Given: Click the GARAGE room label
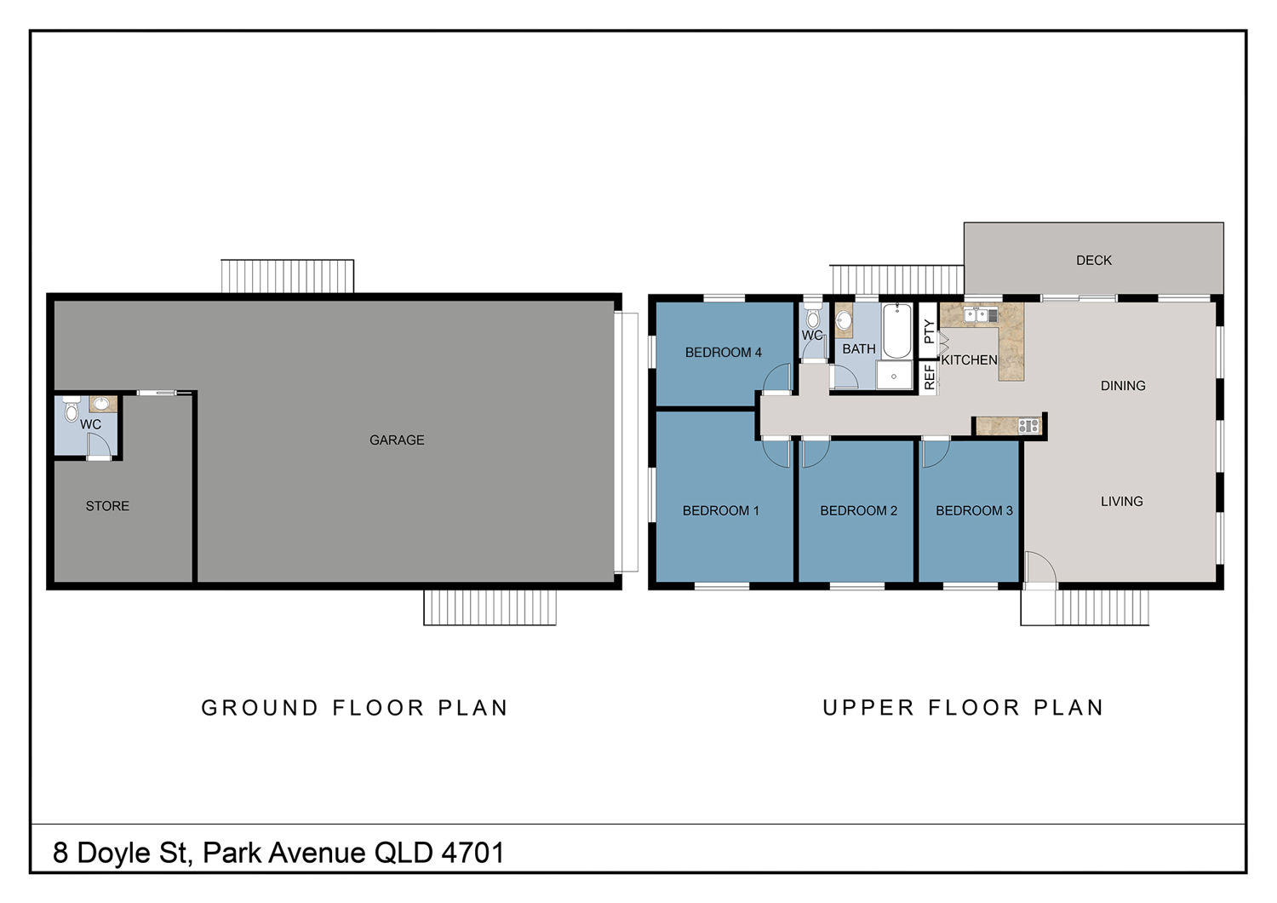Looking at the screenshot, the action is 397,440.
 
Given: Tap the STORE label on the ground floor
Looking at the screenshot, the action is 107,506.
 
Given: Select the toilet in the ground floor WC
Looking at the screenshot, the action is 72,409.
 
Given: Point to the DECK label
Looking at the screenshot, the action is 1093,260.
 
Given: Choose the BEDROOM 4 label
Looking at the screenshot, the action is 723,353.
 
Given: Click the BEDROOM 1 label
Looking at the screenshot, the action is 720,510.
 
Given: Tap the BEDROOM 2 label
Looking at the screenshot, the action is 858,510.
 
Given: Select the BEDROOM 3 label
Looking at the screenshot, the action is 974,510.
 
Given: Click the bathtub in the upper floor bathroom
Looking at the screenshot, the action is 896,331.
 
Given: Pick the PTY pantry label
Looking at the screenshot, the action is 929,331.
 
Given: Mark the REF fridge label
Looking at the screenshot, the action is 930,377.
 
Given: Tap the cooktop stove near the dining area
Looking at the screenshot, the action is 1028,425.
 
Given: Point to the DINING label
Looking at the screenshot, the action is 1123,386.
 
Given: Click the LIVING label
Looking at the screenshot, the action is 1121,502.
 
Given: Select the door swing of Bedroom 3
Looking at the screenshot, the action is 935,452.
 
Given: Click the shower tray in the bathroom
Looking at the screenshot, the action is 893,376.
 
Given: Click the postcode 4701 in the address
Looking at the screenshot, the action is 473,854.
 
